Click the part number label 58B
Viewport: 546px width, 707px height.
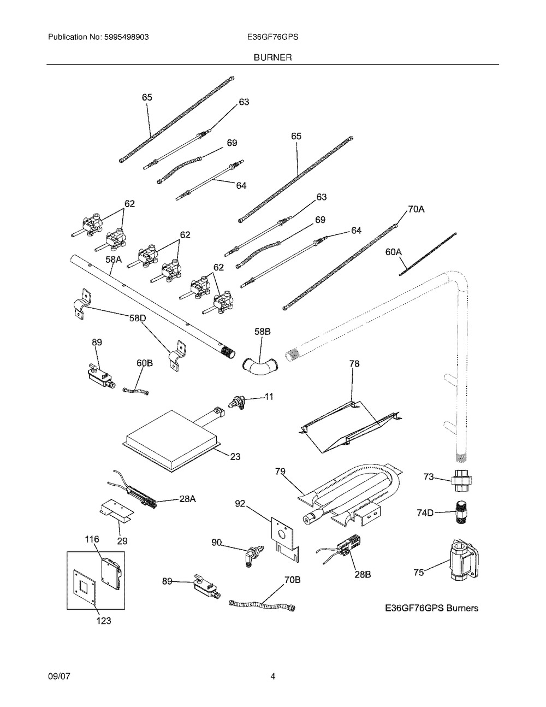[263, 332]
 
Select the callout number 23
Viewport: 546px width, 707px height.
[235, 456]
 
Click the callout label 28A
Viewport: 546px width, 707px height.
[187, 498]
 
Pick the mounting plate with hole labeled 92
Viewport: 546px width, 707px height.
[282, 534]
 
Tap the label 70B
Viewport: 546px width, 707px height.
[293, 580]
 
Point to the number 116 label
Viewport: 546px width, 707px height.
[92, 539]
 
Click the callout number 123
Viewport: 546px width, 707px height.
[103, 620]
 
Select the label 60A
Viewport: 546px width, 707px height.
[393, 252]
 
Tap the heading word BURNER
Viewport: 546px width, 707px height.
[272, 57]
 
